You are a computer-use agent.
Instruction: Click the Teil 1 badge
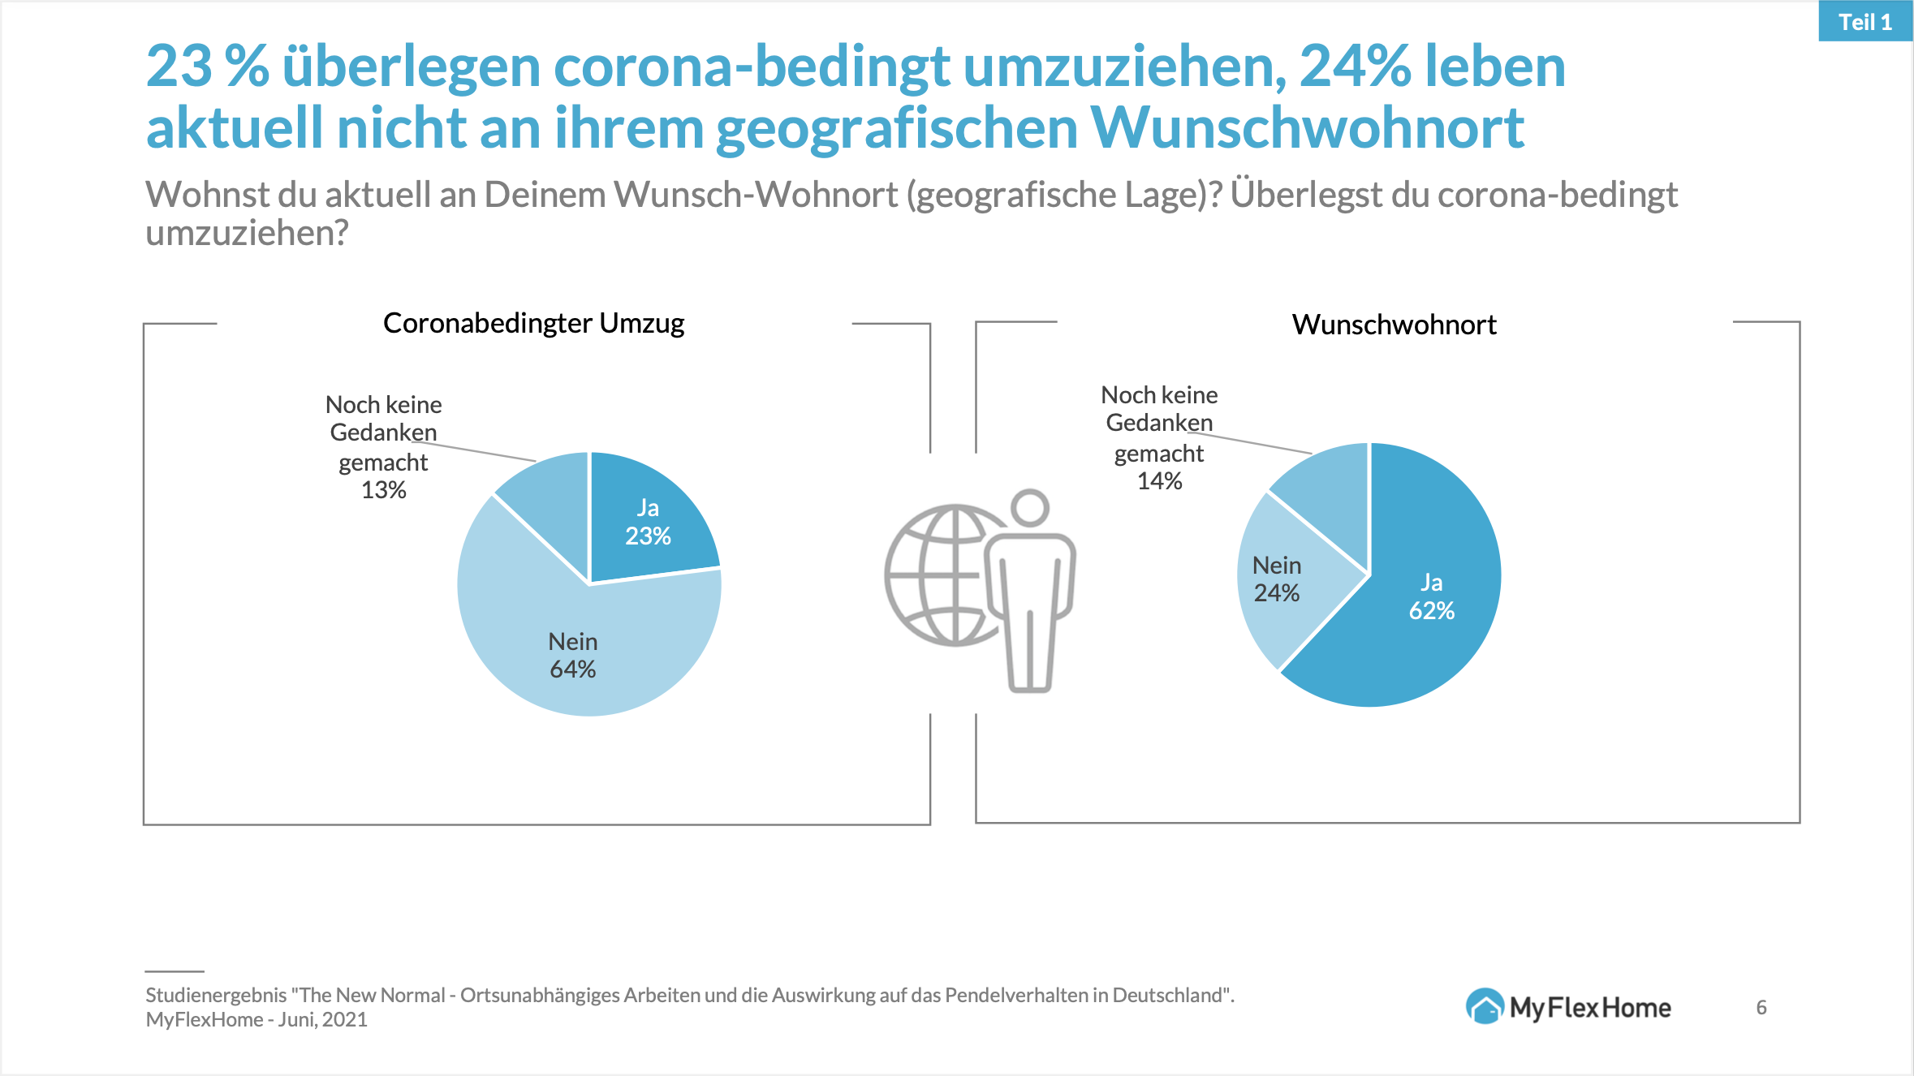[x=1864, y=22]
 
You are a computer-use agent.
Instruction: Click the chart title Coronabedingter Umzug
[x=533, y=323]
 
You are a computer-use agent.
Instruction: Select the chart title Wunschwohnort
[x=1394, y=325]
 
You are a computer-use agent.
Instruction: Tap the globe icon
[x=942, y=575]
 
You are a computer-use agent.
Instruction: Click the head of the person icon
[x=1031, y=507]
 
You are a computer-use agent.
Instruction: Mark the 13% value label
[x=383, y=490]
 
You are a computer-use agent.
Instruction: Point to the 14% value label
[x=1159, y=481]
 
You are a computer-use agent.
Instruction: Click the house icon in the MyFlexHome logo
[x=1485, y=1007]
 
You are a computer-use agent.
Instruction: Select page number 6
[x=1761, y=1007]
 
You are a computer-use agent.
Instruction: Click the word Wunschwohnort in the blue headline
[x=1307, y=128]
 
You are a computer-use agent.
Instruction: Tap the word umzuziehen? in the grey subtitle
[x=247, y=234]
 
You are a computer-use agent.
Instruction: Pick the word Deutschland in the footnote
[x=1166, y=995]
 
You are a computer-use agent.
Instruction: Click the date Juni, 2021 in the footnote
[x=322, y=1019]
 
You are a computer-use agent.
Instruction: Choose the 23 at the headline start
[x=179, y=67]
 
